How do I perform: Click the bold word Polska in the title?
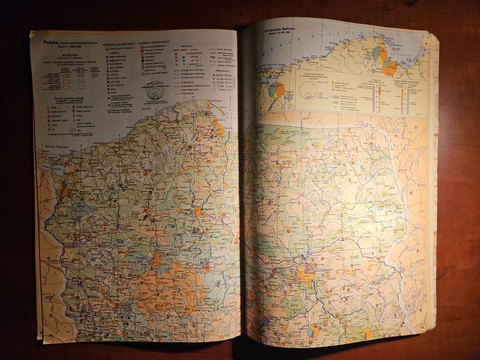pos(50,42)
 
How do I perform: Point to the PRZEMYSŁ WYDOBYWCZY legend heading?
pos(119,44)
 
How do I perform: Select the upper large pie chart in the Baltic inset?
pos(379,53)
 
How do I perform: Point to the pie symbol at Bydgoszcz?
pos(198,211)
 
